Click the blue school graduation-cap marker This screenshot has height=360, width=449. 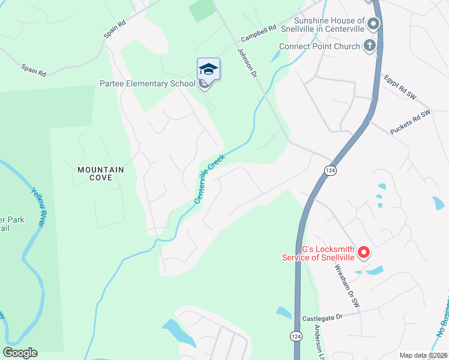(208, 69)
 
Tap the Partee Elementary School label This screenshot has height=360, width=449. (147, 84)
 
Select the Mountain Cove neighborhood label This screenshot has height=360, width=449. (100, 174)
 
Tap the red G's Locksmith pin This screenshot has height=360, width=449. (363, 253)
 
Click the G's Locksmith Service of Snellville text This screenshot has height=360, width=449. (318, 254)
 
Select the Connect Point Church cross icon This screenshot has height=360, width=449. (370, 46)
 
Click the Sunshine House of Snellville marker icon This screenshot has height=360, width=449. (373, 25)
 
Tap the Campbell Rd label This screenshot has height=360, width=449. (258, 32)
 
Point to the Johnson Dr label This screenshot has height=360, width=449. (247, 63)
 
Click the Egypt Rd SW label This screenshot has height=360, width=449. (400, 88)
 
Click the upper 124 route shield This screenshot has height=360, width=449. (332, 171)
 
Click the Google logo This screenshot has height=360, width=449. (20, 353)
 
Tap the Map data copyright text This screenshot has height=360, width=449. (423, 355)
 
